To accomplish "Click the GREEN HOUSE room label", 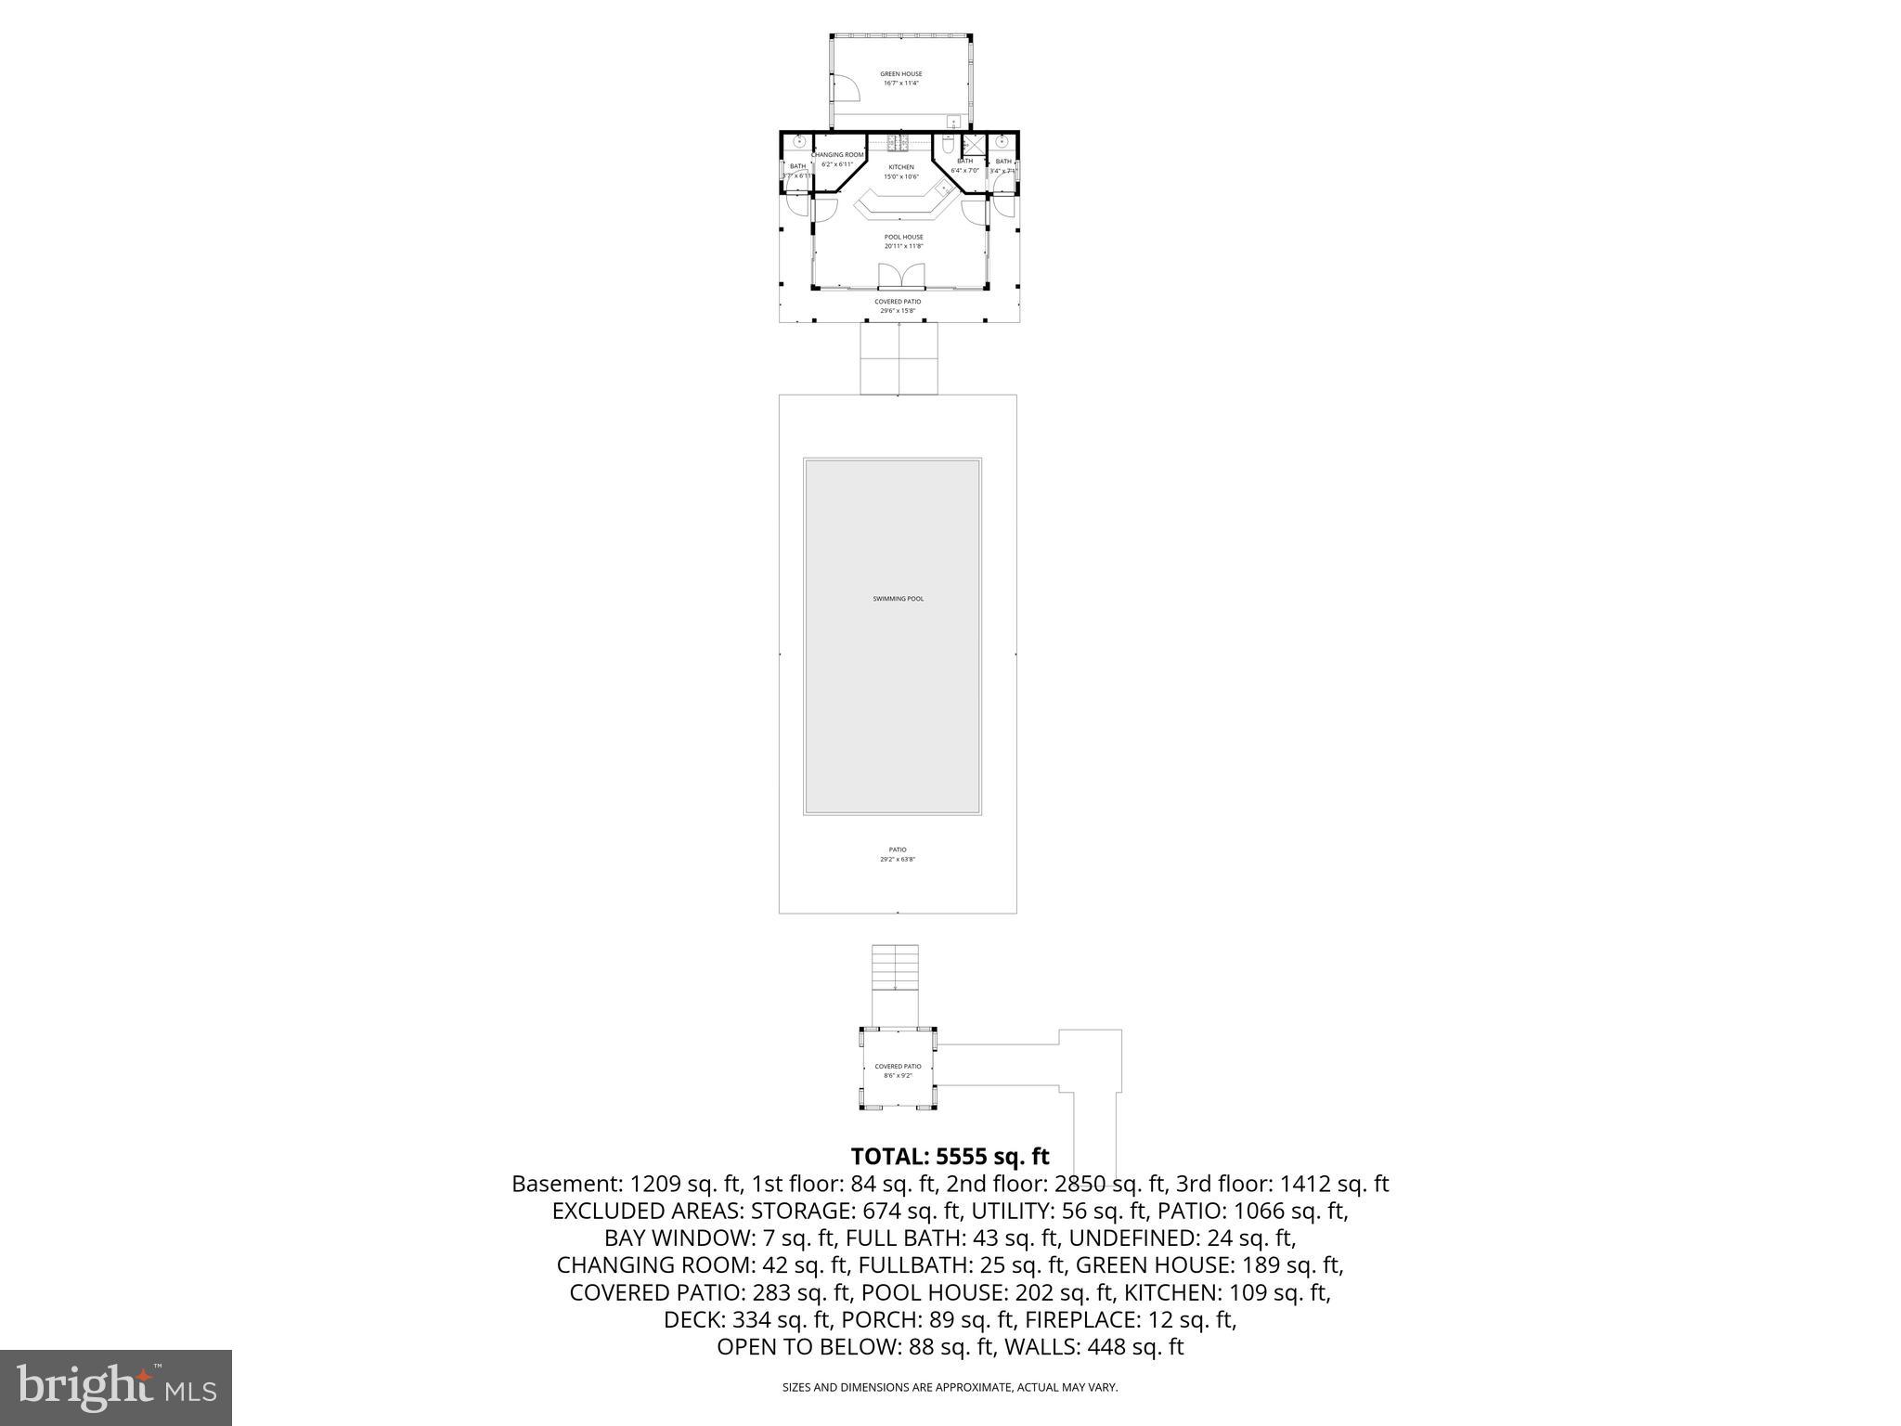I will (900, 73).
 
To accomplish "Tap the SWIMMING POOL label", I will (898, 599).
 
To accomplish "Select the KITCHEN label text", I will (900, 167).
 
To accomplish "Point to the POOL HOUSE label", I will (903, 237).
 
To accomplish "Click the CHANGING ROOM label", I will (837, 155).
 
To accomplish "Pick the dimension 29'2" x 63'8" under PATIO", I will (898, 860).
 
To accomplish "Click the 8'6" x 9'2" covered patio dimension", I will (898, 1076).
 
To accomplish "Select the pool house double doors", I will (901, 276).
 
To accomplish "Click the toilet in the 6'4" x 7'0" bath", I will (948, 146).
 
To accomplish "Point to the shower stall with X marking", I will (973, 145).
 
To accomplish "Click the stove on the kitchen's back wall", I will (899, 142).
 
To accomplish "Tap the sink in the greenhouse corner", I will (953, 122).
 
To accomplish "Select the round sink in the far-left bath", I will (798, 142).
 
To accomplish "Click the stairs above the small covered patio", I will (895, 968).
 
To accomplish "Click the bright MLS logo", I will (116, 1387).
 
